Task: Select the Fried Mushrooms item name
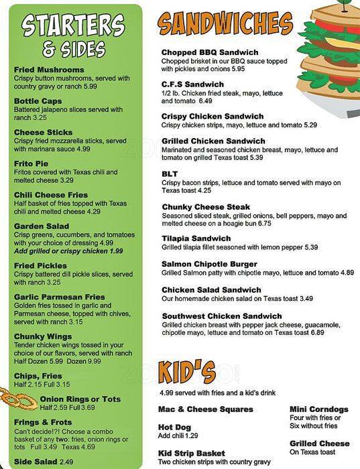pos(49,70)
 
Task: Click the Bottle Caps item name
pos(39,101)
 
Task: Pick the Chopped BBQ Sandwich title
pos(210,52)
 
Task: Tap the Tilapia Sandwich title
pos(196,239)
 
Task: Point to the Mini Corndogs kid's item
pos(319,409)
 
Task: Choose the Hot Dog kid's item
pos(174,427)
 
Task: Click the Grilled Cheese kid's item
pos(319,444)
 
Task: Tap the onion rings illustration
pos(18,401)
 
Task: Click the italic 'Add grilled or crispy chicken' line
pos(68,251)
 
